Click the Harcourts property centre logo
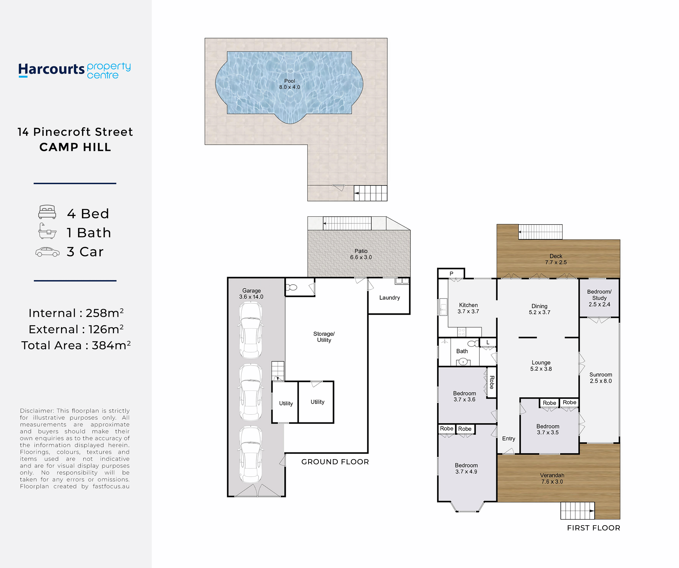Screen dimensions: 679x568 click(75, 70)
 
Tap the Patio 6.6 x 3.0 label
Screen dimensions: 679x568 click(361, 254)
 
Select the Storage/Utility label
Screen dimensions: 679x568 click(324, 337)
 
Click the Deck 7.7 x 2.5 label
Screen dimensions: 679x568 click(556, 259)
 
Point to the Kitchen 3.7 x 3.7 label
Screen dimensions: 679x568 click(468, 308)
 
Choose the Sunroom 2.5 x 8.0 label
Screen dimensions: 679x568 click(601, 378)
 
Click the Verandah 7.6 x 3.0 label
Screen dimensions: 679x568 click(552, 478)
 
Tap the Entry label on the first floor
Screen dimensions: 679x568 click(509, 439)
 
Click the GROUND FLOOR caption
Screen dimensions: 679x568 click(335, 462)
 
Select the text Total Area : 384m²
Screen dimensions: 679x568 click(76, 345)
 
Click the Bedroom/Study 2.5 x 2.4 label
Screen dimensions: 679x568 click(599, 298)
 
